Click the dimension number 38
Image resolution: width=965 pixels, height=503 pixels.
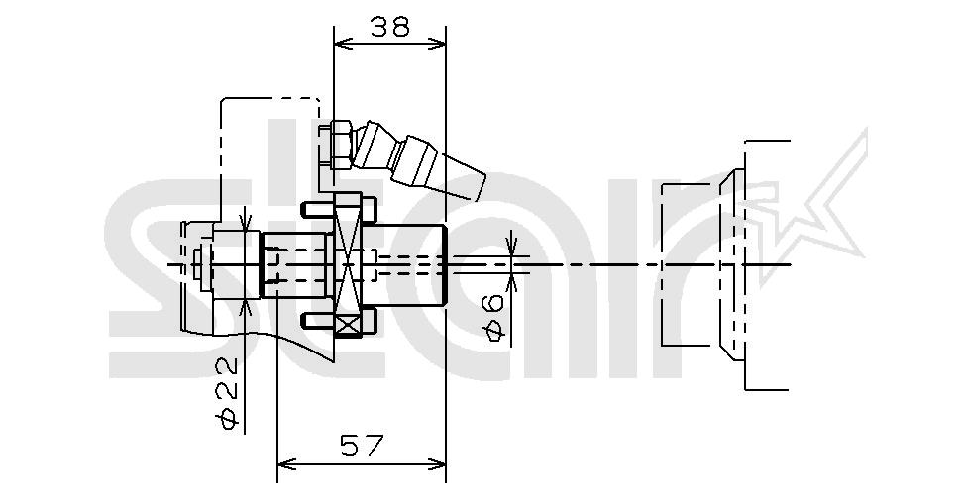[390, 27]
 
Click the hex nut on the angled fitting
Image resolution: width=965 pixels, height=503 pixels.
[334, 146]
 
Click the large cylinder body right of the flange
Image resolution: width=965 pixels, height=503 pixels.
[409, 264]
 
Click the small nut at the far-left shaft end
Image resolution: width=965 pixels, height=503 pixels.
[201, 265]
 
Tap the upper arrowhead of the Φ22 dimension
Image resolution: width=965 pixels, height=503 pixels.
[245, 224]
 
